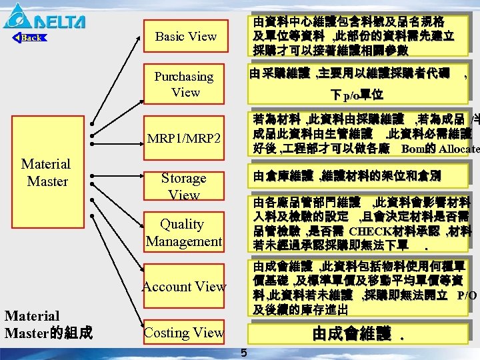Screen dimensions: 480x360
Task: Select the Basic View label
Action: (x=185, y=37)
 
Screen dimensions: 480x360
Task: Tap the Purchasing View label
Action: (x=184, y=84)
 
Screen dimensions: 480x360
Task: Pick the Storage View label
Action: (x=183, y=186)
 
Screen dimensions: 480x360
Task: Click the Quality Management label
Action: (x=183, y=232)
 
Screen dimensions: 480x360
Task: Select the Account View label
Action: (x=184, y=287)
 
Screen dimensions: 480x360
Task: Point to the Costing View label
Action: (x=184, y=332)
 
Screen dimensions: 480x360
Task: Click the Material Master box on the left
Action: (x=46, y=172)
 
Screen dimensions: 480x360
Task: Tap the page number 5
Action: (x=243, y=353)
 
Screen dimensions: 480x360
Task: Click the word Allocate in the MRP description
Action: (x=460, y=148)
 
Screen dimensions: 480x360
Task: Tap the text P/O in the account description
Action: (x=467, y=295)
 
